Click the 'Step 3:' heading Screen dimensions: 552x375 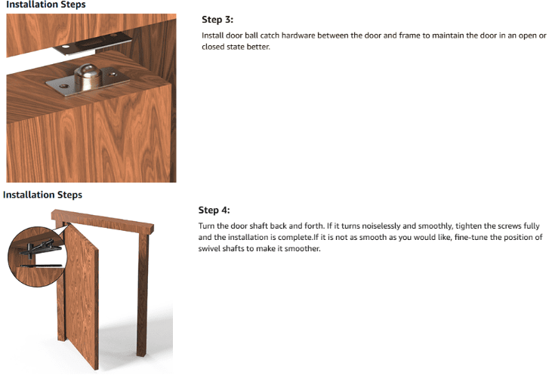coord(217,20)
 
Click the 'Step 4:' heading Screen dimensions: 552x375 coord(214,211)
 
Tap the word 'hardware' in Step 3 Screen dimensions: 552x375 coord(298,35)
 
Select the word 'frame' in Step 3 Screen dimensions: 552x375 coord(409,35)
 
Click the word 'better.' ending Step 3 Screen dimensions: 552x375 coord(259,47)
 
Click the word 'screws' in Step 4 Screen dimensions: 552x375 coord(508,226)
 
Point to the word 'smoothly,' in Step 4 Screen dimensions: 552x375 coord(435,226)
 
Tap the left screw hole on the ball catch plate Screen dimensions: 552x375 coord(64,86)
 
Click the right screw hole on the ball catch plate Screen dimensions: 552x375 coord(113,75)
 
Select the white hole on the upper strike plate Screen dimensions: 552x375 coord(66,47)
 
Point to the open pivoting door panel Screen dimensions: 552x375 coord(82,297)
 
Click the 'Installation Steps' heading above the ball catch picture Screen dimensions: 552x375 coord(46,5)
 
